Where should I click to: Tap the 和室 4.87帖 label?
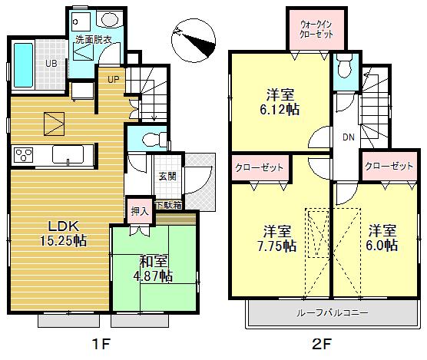(x=155, y=268)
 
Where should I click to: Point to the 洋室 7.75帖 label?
(x=277, y=238)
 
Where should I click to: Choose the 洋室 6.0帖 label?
(x=380, y=238)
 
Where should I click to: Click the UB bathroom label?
(x=49, y=64)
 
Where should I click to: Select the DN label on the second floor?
(x=347, y=137)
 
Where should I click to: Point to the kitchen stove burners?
(x=25, y=154)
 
